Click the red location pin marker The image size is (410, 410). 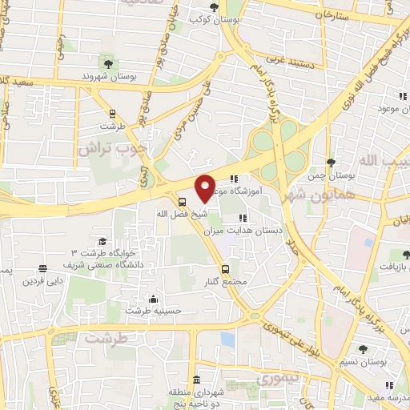click(206, 188)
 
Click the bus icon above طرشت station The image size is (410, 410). click(111, 113)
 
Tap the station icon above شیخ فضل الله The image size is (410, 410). click(183, 202)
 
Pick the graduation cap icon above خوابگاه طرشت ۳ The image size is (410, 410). click(102, 241)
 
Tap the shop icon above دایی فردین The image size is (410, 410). click(42, 268)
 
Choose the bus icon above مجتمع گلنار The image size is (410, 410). click(226, 269)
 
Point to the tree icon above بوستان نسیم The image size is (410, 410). click(363, 349)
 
